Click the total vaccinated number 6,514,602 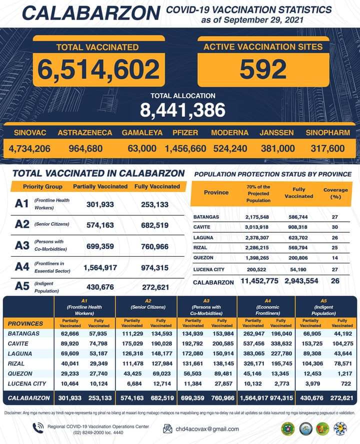97,70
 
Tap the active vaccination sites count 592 263,70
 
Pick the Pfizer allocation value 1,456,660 185,149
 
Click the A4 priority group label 22,267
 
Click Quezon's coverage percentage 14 334,258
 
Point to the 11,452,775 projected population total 258,281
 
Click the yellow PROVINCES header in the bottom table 25,323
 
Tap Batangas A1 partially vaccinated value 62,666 69,334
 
